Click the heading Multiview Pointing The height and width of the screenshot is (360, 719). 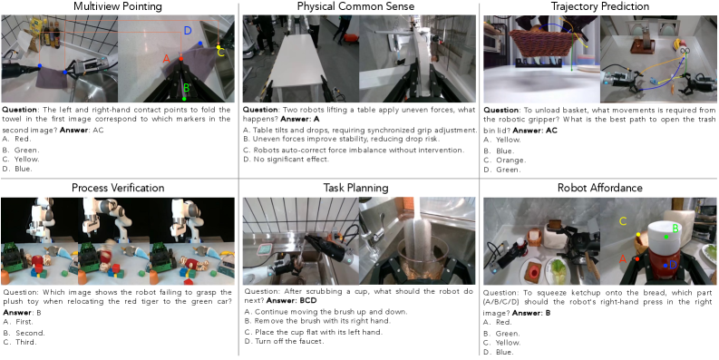[118, 6]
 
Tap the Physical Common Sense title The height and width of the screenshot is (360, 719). [355, 6]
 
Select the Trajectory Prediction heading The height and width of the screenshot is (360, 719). [599, 6]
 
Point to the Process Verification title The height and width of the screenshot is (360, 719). [118, 188]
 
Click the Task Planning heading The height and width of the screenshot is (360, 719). [355, 188]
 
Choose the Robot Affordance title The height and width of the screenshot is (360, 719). [600, 188]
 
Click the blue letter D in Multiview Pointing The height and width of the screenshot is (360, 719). [188, 31]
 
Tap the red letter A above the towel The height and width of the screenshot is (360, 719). [167, 58]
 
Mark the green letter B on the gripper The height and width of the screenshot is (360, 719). [186, 88]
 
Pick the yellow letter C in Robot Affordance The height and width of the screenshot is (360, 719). [622, 221]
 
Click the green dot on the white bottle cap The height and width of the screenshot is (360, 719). [666, 237]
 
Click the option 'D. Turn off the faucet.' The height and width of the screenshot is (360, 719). [284, 341]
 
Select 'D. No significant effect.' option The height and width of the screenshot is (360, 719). [287, 160]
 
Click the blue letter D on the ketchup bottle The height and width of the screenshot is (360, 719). [673, 265]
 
